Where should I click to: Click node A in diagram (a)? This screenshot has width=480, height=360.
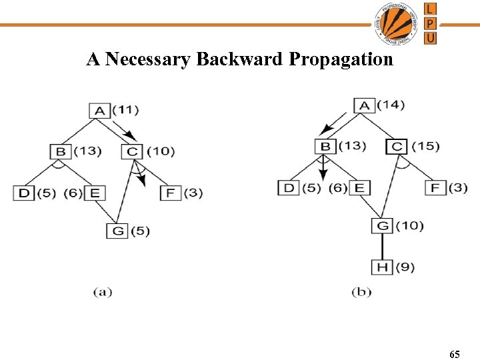(99, 109)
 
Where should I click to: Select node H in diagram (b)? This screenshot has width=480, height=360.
(382, 267)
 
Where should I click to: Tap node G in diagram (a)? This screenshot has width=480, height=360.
(117, 231)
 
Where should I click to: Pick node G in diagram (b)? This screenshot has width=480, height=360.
(382, 225)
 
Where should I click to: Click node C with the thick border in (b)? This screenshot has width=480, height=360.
(397, 146)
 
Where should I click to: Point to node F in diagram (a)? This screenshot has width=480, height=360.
(169, 193)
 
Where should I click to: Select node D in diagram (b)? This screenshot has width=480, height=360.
(289, 187)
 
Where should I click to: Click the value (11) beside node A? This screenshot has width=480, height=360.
(125, 109)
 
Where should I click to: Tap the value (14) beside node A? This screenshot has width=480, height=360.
(391, 105)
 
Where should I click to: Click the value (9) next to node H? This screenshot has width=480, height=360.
(405, 267)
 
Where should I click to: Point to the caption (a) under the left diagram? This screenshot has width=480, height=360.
(102, 291)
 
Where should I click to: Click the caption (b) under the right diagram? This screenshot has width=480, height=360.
(361, 291)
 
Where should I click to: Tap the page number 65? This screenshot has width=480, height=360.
(455, 355)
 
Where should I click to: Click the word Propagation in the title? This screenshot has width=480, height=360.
(341, 60)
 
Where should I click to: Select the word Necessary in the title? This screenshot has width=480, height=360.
(149, 60)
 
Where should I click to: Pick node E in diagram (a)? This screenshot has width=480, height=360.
(95, 193)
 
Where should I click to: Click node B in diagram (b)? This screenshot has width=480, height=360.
(325, 146)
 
